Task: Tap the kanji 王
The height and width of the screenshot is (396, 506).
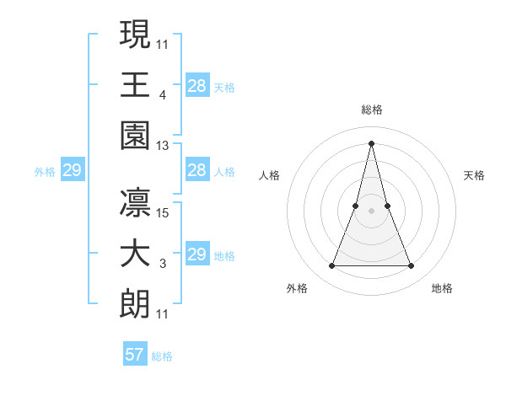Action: click(x=135, y=85)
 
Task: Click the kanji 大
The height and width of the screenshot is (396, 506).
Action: click(x=135, y=255)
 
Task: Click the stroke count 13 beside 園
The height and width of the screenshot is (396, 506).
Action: click(x=163, y=146)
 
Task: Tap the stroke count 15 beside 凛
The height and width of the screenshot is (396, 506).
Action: click(x=164, y=212)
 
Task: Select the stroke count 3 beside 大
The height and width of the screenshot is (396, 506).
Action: click(x=163, y=264)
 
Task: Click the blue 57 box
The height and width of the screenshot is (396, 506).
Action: click(x=135, y=355)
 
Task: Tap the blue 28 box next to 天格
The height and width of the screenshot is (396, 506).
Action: click(x=196, y=85)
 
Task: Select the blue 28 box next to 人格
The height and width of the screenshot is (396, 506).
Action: click(x=196, y=171)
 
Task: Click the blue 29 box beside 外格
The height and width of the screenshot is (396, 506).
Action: click(x=72, y=171)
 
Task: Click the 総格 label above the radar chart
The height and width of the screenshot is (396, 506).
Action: click(x=371, y=110)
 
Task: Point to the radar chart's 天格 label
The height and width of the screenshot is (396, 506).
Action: click(x=475, y=175)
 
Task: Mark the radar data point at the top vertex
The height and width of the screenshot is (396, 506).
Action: click(x=371, y=142)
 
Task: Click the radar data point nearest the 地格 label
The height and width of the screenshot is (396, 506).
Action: click(x=411, y=266)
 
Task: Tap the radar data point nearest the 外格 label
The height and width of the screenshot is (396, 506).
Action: click(x=331, y=266)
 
